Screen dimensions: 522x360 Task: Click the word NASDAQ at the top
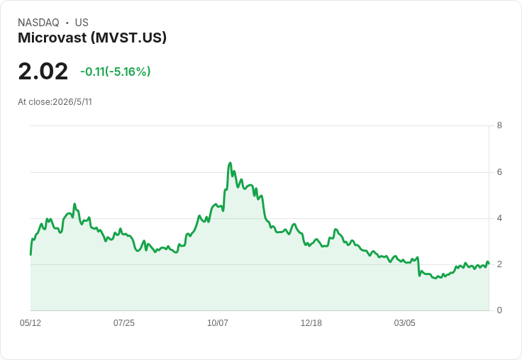click(38, 23)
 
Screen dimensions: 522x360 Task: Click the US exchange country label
click(82, 23)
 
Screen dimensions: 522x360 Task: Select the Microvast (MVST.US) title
click(92, 38)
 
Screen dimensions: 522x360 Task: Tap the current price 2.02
click(43, 71)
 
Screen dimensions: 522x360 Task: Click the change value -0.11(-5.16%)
click(116, 72)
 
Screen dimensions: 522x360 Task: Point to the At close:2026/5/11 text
click(55, 102)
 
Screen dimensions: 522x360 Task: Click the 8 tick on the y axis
click(499, 125)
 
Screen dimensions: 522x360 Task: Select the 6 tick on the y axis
click(499, 172)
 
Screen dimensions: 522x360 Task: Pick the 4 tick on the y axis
click(499, 218)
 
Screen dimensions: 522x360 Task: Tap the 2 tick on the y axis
click(499, 264)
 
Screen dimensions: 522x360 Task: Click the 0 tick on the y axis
click(499, 310)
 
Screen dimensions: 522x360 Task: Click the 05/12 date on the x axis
click(30, 322)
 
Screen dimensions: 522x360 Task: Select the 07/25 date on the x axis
click(124, 322)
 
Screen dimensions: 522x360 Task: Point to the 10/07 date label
click(218, 322)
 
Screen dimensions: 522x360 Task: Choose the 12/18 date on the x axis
click(311, 322)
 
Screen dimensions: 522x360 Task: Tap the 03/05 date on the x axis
click(405, 322)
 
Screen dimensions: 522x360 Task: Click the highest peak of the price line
click(230, 163)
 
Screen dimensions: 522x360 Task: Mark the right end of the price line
click(489, 263)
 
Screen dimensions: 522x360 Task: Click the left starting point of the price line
click(30, 255)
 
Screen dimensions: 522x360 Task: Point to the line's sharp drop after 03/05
click(418, 266)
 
